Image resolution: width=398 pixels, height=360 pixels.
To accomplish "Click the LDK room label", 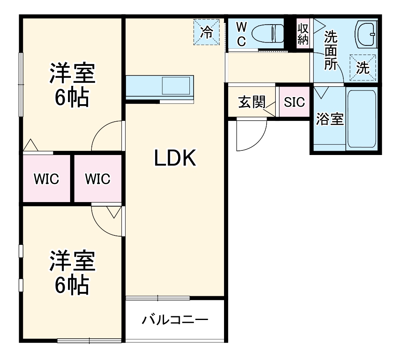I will (x=175, y=158).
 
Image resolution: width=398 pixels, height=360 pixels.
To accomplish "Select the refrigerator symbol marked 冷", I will (x=207, y=32).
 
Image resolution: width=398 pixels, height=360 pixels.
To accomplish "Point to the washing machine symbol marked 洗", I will (x=363, y=67).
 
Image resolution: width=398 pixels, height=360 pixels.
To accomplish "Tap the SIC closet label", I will (x=294, y=102).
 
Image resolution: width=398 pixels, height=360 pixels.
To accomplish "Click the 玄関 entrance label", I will (x=252, y=102).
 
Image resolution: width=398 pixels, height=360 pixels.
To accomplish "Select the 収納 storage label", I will (x=303, y=34).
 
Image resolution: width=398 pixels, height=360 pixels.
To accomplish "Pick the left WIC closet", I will (x=46, y=179).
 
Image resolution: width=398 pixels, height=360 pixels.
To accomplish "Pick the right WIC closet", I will (x=98, y=179).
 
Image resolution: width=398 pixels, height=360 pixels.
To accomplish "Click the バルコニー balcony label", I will (x=175, y=320).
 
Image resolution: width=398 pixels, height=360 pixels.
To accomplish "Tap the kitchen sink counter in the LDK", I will (x=160, y=87).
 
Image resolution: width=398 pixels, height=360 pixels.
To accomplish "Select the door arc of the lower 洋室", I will (x=106, y=221).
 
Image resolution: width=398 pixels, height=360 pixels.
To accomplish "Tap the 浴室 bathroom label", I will (x=330, y=120).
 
